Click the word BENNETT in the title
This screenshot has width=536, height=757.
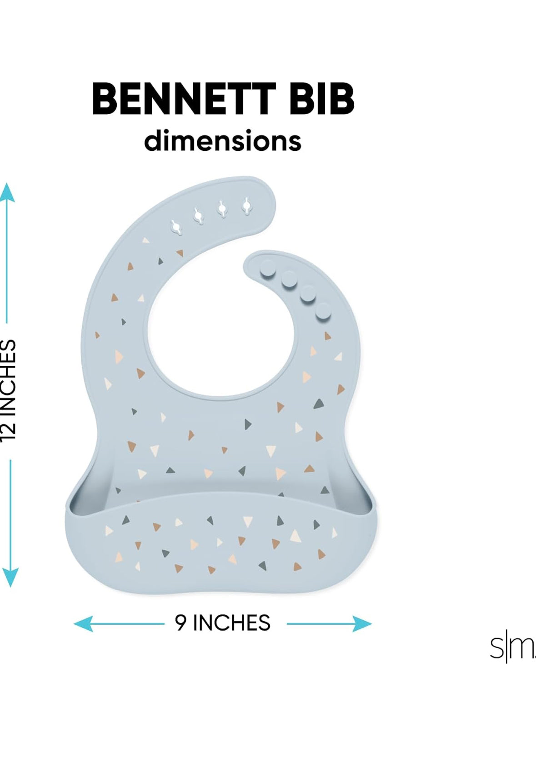[184, 99]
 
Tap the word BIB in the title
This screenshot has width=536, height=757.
[321, 99]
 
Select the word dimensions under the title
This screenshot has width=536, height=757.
[222, 141]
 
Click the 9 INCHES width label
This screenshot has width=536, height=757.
[222, 623]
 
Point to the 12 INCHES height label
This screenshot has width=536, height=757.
[9, 389]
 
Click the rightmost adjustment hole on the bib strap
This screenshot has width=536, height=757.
[246, 207]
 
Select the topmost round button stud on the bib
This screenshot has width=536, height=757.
[267, 267]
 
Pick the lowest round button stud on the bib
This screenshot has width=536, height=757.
[323, 311]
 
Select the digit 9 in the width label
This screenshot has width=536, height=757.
[181, 623]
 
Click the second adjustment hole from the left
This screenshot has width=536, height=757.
[199, 216]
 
